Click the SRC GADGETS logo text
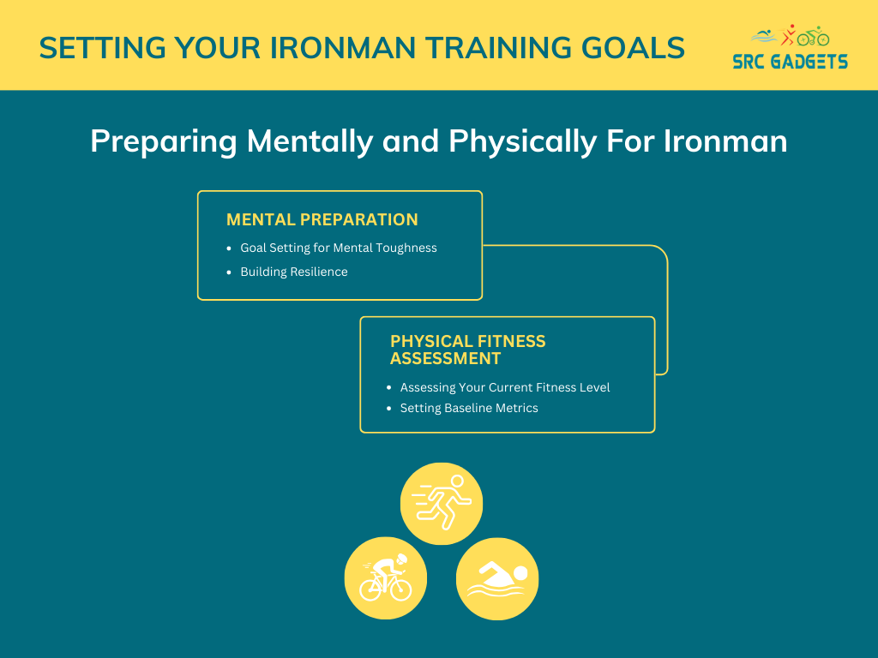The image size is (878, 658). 790,62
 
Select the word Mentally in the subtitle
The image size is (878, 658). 310,141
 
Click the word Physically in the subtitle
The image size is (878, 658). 523,141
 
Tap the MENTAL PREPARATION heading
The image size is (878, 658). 322,219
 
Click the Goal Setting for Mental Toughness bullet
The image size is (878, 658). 338,248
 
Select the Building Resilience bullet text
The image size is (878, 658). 294,272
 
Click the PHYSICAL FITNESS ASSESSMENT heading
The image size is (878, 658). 467,350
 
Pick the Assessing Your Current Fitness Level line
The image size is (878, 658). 504,387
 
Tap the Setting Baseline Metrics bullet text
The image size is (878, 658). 469,408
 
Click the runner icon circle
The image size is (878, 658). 442,504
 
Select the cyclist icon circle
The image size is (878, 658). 386,578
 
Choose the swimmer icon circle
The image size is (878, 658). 497,578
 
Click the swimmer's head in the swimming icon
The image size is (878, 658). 520,573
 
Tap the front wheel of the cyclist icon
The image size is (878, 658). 401,589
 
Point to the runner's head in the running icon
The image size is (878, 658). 457,482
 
